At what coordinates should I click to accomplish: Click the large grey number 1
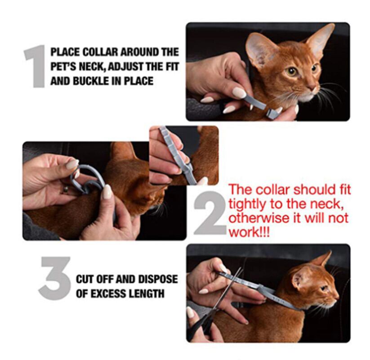[x=36, y=67]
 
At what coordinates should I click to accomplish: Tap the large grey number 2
[x=210, y=213]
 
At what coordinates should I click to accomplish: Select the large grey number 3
[x=55, y=278]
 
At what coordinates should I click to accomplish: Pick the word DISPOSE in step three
[x=158, y=279]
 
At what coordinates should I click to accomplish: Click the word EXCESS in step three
[x=108, y=293]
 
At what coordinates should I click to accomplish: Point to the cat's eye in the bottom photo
[x=324, y=288]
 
